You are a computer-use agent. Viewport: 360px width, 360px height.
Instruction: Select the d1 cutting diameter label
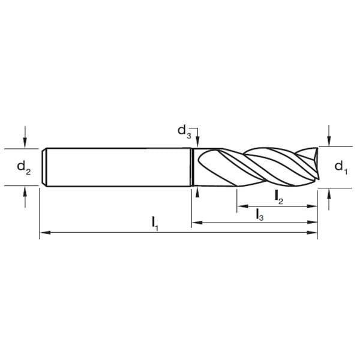tap(340, 166)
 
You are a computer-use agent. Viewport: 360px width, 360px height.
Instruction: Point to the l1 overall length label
tap(155, 223)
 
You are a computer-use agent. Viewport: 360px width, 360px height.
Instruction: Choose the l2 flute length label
tap(278, 195)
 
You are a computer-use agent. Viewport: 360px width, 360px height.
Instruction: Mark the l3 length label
tap(259, 214)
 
